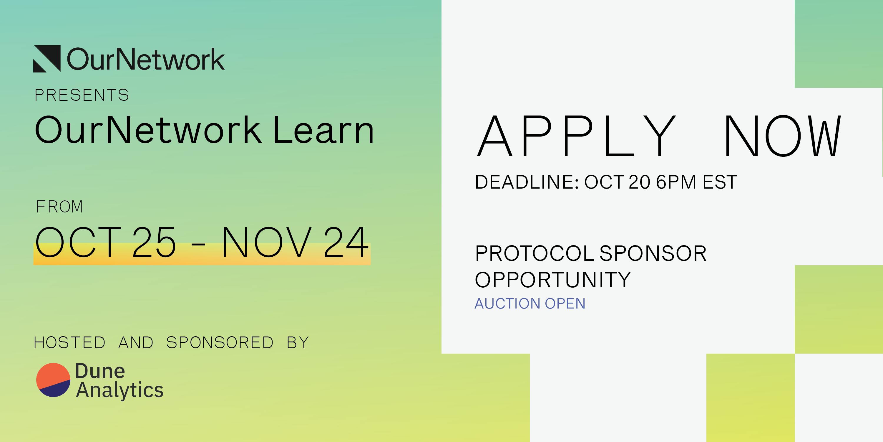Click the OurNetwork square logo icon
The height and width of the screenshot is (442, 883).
47,58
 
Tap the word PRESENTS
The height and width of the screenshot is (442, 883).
82,95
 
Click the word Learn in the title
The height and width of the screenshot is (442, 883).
323,130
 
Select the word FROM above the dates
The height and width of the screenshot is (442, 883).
59,207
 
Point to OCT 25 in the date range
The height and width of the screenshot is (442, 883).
106,242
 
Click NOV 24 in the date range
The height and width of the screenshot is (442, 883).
295,242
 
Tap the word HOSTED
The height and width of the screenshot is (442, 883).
69,342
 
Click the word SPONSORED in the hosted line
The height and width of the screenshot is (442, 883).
220,342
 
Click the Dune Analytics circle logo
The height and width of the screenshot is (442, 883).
53,380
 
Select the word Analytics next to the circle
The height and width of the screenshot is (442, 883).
119,390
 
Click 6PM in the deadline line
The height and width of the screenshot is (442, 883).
675,182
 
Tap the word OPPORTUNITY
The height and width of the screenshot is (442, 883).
552,279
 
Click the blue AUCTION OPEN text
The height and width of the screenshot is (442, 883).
530,304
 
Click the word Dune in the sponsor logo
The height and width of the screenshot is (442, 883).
100,371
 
